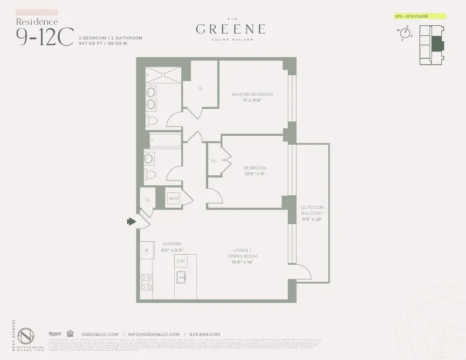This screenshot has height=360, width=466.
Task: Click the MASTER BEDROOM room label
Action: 252,94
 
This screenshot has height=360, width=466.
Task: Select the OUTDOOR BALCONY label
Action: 312,211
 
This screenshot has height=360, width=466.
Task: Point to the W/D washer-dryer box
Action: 174,198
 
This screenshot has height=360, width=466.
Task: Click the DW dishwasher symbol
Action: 181,261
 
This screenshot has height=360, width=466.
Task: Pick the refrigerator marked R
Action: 147,250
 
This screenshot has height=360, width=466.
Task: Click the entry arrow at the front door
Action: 131,222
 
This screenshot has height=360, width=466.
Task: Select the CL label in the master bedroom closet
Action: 201,88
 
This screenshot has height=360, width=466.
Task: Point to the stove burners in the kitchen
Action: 146,282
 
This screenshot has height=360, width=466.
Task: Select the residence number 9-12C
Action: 45,37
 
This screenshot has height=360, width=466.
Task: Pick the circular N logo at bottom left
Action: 25,336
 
